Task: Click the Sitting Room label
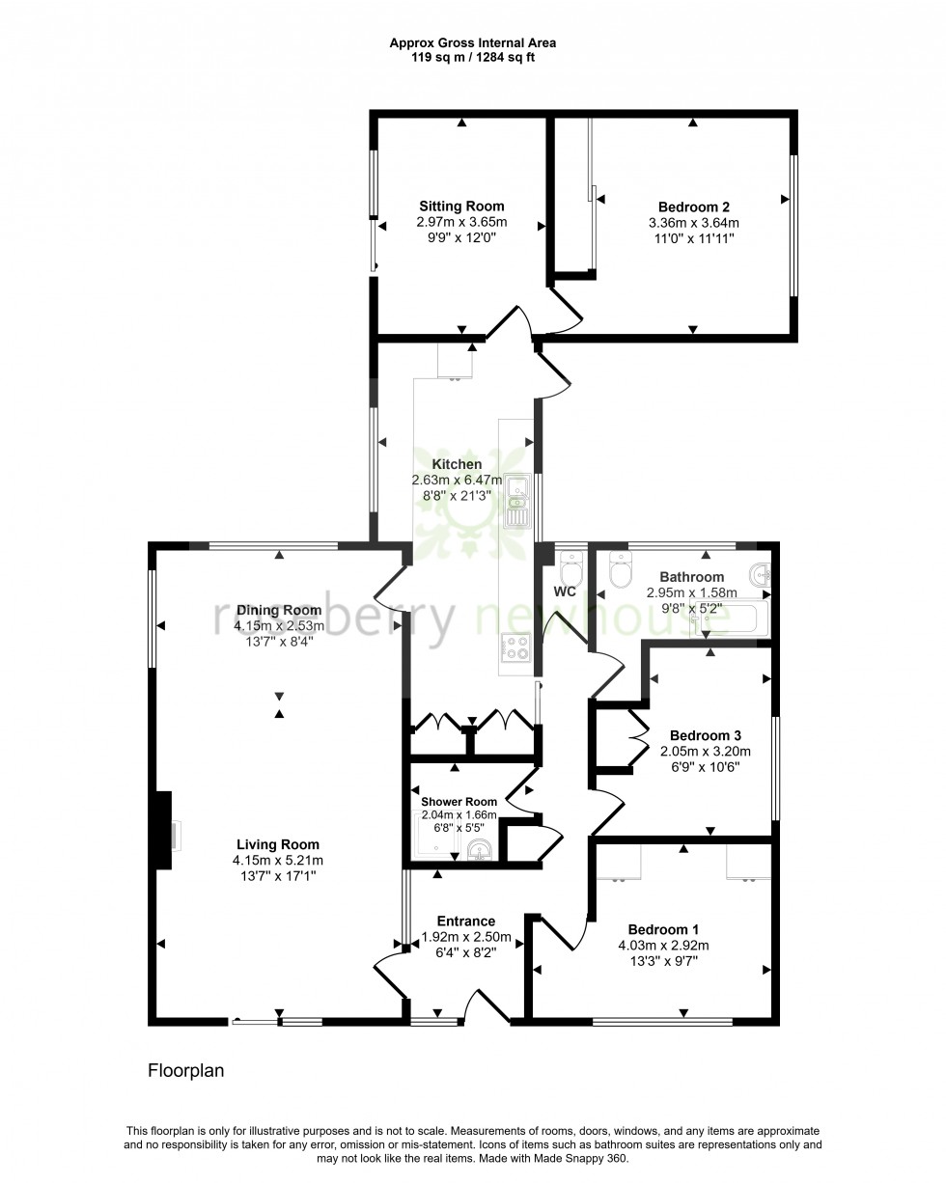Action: pyautogui.click(x=461, y=206)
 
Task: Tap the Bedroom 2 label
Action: pyautogui.click(x=693, y=206)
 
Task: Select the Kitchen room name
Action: pyautogui.click(x=457, y=464)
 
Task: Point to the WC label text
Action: pyautogui.click(x=565, y=591)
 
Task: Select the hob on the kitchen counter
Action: pyautogui.click(x=518, y=647)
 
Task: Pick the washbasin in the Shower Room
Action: pyautogui.click(x=480, y=850)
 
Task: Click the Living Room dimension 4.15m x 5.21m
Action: pyautogui.click(x=277, y=860)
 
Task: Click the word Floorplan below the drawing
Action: pyautogui.click(x=185, y=1070)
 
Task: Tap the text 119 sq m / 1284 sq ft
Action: pyautogui.click(x=473, y=57)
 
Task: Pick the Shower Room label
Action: pyautogui.click(x=459, y=801)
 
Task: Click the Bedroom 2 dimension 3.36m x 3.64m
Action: pyautogui.click(x=693, y=222)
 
